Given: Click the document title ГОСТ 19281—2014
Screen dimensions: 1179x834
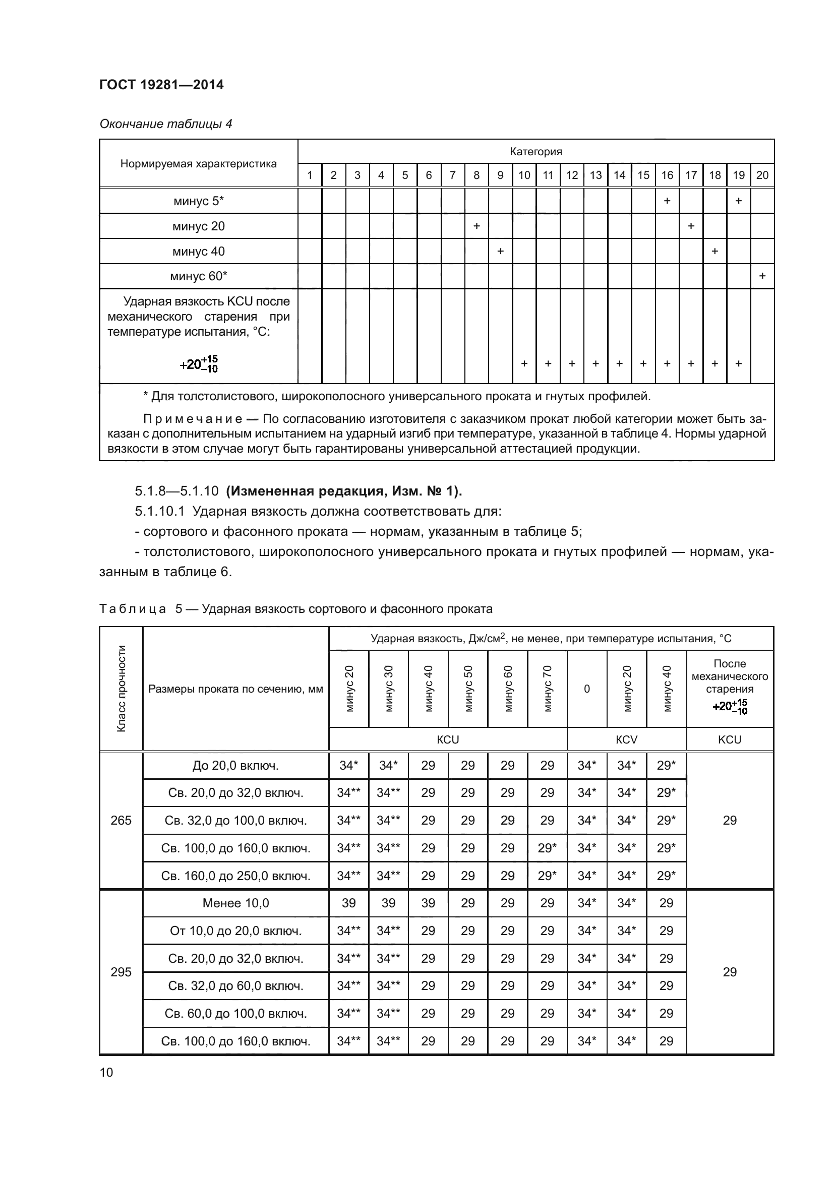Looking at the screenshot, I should [161, 85].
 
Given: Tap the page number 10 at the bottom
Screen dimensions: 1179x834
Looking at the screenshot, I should [106, 1072].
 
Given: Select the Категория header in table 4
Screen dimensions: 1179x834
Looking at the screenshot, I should [535, 152].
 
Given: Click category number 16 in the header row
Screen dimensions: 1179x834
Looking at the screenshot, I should [667, 175].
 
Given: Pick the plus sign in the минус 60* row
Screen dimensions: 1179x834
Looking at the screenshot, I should [762, 276].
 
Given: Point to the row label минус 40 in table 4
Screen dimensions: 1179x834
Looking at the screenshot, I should [198, 252].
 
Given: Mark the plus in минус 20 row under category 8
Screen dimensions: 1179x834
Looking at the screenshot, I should [476, 226].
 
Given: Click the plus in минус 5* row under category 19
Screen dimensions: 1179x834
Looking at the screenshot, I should [738, 201].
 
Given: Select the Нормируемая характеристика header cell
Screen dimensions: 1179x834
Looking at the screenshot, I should [198, 164].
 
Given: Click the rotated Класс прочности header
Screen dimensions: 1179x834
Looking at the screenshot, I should [121, 688].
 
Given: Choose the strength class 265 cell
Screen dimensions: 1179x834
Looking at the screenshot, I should [121, 821].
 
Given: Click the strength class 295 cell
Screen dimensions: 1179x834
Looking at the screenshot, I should [121, 972].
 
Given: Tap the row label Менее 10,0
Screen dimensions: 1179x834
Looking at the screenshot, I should [235, 903].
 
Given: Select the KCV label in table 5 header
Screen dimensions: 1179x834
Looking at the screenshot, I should [626, 739].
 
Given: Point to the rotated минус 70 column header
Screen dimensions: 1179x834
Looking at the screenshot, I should [547, 688].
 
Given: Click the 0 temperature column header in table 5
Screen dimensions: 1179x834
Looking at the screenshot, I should [586, 689].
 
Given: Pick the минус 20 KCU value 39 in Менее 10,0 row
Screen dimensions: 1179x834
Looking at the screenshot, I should [348, 903].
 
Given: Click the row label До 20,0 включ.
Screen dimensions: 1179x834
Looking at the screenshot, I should [235, 766].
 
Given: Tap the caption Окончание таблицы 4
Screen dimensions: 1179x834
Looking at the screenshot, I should [165, 124].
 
